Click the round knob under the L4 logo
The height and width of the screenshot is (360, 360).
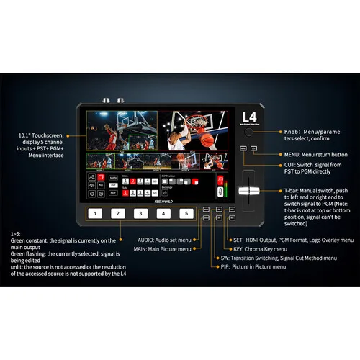pos(249,134)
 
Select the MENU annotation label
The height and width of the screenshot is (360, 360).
pos(286,154)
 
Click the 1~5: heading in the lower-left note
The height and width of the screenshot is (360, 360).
pos(17,234)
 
